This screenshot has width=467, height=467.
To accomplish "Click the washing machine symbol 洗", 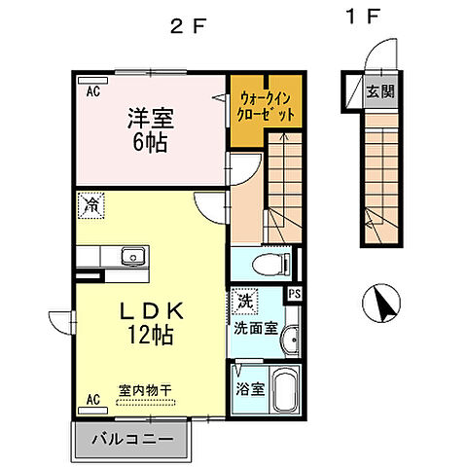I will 246,302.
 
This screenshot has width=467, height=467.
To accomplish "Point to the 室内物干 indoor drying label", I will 144,390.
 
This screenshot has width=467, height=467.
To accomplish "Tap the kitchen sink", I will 132,257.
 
